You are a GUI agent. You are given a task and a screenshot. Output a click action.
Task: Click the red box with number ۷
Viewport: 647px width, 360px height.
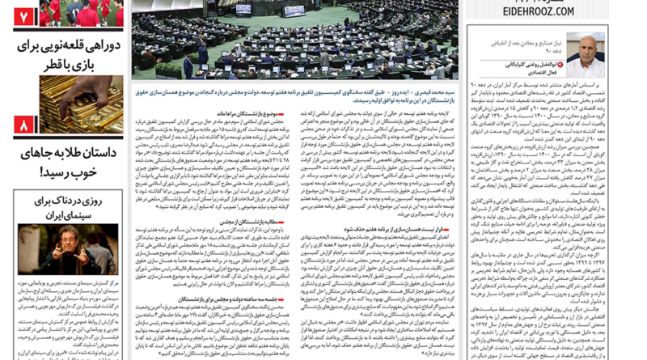pos(22,15)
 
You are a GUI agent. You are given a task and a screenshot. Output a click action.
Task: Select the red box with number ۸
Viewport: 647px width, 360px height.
pos(22,125)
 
